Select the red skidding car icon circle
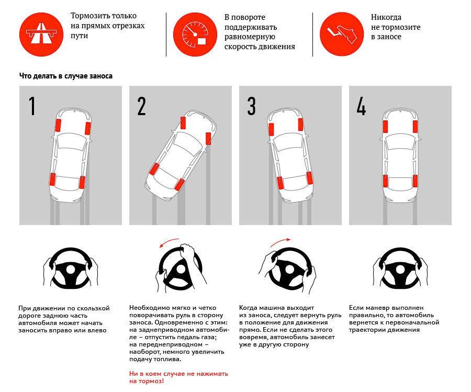tap(341, 34)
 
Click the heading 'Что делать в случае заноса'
tap(66, 76)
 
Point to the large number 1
tap(32, 106)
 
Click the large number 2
tap(141, 106)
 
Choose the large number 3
tap(251, 106)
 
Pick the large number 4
tap(361, 106)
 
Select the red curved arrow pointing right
tap(281, 241)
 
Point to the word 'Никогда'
tap(386, 17)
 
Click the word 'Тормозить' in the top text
tap(87, 16)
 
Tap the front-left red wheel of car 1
tap(58, 126)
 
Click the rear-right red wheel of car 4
tap(416, 181)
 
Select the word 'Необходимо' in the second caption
tap(149, 308)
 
